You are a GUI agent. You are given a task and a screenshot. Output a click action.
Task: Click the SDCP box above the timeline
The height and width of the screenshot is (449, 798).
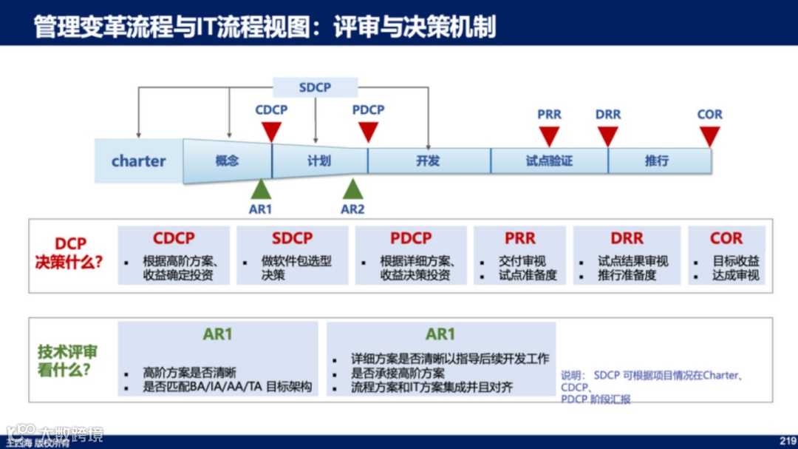pyautogui.click(x=315, y=87)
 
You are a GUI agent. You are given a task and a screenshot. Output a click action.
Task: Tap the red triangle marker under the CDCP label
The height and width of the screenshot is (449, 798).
pyautogui.click(x=271, y=131)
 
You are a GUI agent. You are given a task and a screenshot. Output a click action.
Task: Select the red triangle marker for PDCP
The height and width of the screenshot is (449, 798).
pyautogui.click(x=368, y=131)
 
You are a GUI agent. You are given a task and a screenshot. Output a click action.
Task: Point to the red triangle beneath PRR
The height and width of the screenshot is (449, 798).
pyautogui.click(x=549, y=135)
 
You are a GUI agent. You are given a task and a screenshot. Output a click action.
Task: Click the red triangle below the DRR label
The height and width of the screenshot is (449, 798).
pyautogui.click(x=607, y=135)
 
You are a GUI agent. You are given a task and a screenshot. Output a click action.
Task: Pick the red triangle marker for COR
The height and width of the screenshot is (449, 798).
pyautogui.click(x=709, y=135)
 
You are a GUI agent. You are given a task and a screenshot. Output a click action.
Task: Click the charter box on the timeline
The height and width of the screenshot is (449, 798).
pyautogui.click(x=139, y=161)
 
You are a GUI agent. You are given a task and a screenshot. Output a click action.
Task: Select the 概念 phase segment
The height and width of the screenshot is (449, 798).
pyautogui.click(x=227, y=161)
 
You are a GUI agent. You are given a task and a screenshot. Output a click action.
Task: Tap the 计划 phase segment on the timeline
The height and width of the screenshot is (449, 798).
pyautogui.click(x=319, y=161)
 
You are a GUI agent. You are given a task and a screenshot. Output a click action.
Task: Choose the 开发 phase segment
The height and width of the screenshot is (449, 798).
pyautogui.click(x=428, y=161)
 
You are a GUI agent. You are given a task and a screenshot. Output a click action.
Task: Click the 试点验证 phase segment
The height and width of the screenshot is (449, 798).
pyautogui.click(x=549, y=161)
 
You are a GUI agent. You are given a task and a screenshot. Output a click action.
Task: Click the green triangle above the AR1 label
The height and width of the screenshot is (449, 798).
pyautogui.click(x=261, y=189)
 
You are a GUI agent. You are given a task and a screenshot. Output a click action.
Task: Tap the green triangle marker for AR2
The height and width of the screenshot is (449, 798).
pyautogui.click(x=352, y=189)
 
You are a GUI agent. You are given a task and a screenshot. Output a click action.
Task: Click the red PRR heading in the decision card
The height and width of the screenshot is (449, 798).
pyautogui.click(x=519, y=238)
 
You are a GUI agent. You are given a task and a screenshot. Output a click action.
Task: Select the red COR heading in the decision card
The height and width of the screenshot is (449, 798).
pyautogui.click(x=726, y=238)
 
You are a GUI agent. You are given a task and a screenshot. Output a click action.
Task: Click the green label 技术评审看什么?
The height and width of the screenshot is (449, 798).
pyautogui.click(x=67, y=361)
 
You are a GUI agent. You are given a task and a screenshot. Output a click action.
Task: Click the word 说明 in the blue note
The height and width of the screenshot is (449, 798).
pyautogui.click(x=572, y=376)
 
